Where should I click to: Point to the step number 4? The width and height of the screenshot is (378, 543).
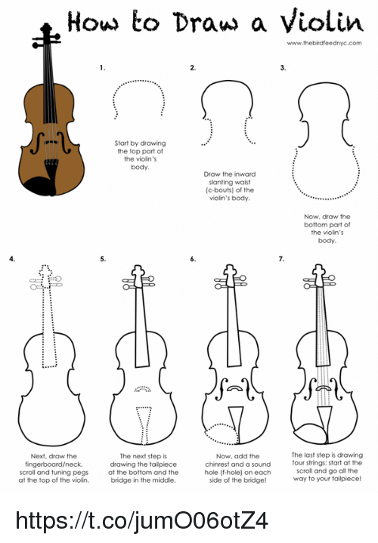click(x=11, y=259)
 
